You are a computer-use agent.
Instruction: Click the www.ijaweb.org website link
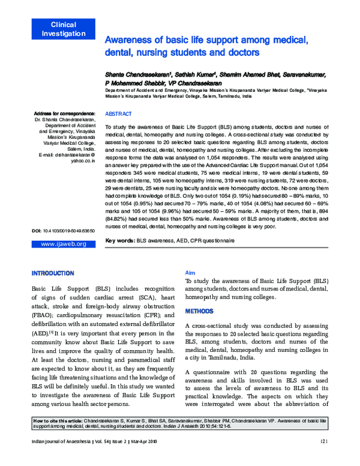[63, 261]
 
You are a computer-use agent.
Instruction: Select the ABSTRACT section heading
[119, 113]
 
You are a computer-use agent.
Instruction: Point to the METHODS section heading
[199, 312]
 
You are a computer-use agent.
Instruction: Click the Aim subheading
[190, 272]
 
